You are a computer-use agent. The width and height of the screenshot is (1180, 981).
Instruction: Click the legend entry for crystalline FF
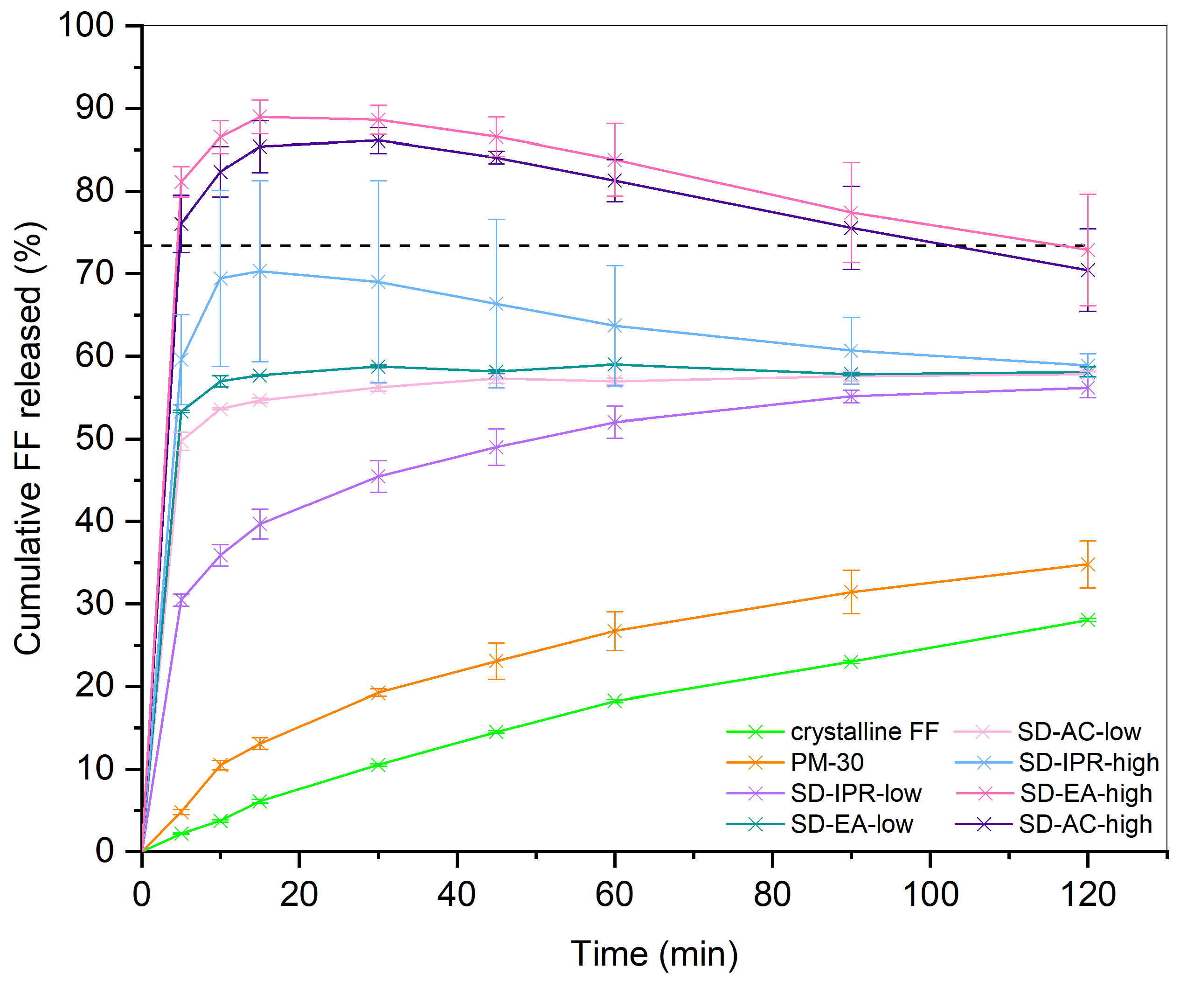(864, 732)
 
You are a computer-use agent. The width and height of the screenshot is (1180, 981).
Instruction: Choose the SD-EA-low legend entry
(851, 825)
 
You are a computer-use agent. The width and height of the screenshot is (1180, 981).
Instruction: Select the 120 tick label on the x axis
(1087, 895)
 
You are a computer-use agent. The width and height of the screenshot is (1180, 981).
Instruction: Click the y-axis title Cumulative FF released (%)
(28, 438)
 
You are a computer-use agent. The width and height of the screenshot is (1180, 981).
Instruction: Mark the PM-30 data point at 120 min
(1088, 564)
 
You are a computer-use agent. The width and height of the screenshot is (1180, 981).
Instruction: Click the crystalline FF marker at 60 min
(615, 701)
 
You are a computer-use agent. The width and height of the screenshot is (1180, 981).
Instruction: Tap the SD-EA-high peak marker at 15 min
(260, 117)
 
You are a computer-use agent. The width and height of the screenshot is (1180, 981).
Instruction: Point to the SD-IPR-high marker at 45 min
(496, 305)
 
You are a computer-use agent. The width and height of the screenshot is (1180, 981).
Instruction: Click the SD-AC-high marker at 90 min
(851, 228)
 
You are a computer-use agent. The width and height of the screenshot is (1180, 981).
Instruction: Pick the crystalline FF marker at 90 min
(851, 662)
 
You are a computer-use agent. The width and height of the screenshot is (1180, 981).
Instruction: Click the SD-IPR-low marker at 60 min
(615, 423)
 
